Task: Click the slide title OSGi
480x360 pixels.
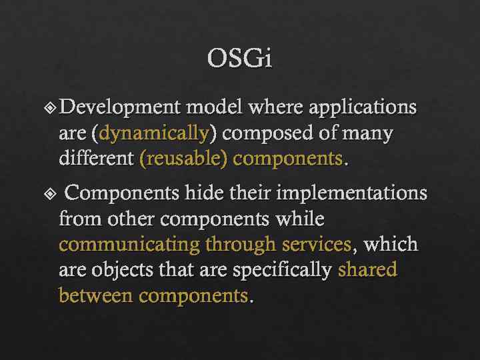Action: tap(240, 59)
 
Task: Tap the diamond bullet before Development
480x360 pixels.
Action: tap(53, 107)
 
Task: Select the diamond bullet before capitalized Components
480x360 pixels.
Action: tap(53, 194)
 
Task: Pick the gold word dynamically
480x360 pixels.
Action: tap(153, 133)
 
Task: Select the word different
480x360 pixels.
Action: tap(96, 159)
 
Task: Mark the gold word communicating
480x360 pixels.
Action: tap(129, 245)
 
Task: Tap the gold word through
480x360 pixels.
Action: tap(241, 245)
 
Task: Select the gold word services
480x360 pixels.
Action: tap(315, 245)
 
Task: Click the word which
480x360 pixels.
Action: tap(390, 245)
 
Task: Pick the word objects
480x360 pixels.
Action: tap(124, 270)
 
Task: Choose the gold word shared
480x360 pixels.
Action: tap(367, 270)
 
